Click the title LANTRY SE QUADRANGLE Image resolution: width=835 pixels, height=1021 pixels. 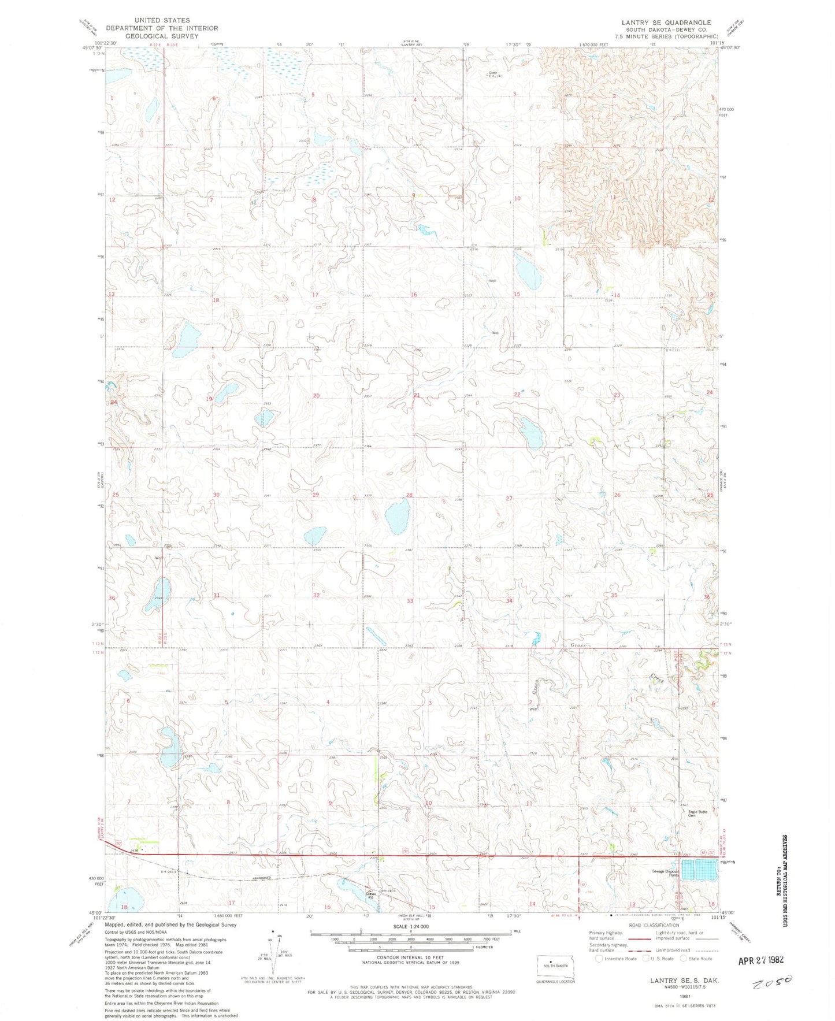click(x=666, y=23)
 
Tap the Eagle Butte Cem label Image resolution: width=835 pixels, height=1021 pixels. click(x=697, y=814)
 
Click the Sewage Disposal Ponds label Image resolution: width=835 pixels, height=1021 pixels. click(x=665, y=873)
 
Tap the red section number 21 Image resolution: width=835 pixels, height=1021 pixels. click(x=417, y=395)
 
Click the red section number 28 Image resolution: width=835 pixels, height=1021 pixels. click(x=409, y=495)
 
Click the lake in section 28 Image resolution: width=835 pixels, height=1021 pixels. click(x=398, y=517)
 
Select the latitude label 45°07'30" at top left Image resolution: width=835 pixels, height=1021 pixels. click(x=92, y=49)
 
